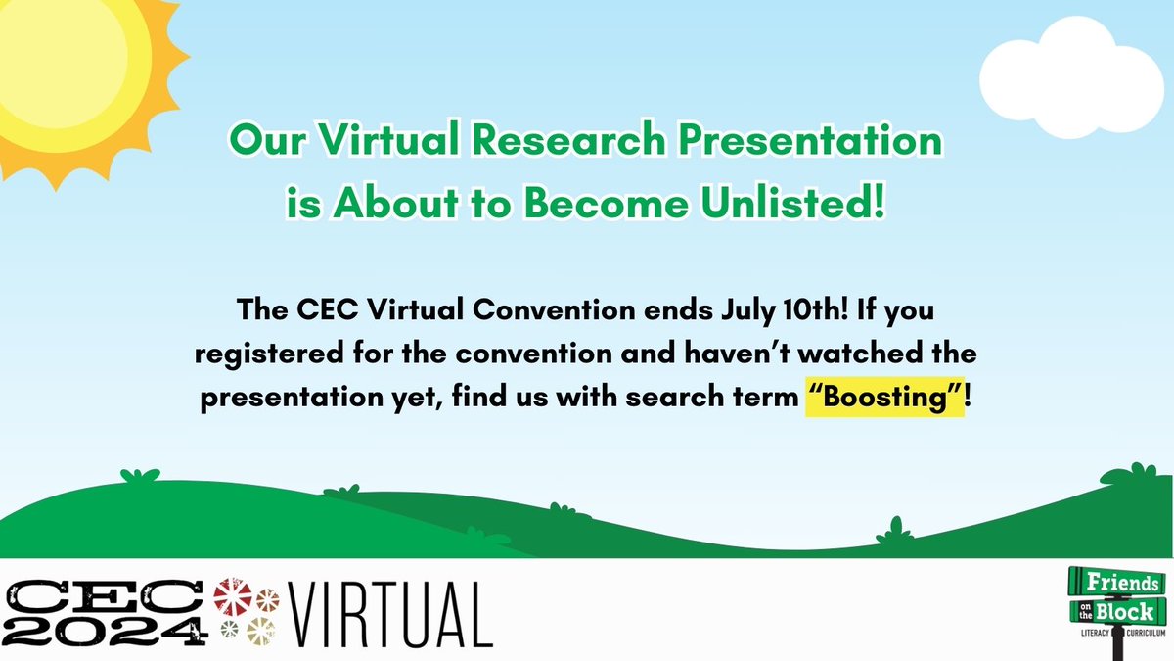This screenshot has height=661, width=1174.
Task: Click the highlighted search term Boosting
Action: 885,405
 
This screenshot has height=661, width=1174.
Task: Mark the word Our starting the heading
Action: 260,143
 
